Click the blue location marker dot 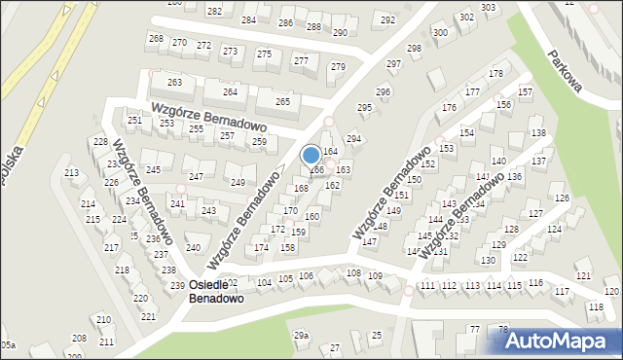point(311,155)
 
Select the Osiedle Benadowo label point(216,291)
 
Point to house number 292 point(387,19)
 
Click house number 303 point(488,7)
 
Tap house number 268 point(156,38)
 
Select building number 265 point(282,101)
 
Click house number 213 point(71,173)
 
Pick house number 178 point(495,74)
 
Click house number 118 point(595,307)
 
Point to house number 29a point(302,336)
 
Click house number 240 point(192,248)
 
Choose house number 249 point(238,183)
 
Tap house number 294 point(353,139)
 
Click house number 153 point(446,149)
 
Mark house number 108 point(352,273)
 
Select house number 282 point(214,11)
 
